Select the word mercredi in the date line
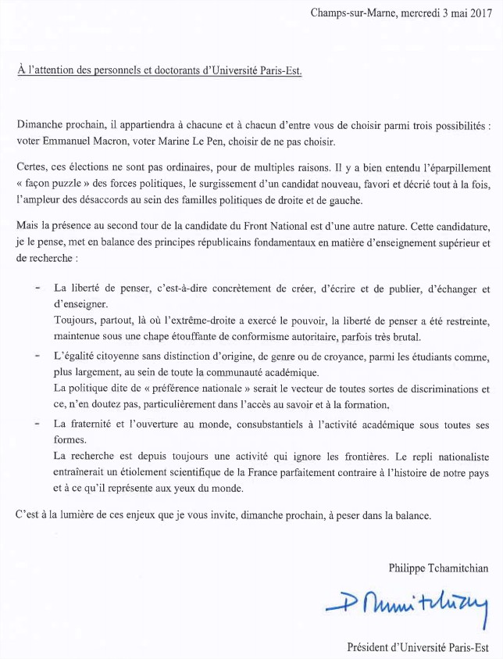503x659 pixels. (419, 13)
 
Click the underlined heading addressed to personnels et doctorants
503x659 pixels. (159, 70)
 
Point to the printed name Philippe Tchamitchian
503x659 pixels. (438, 568)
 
